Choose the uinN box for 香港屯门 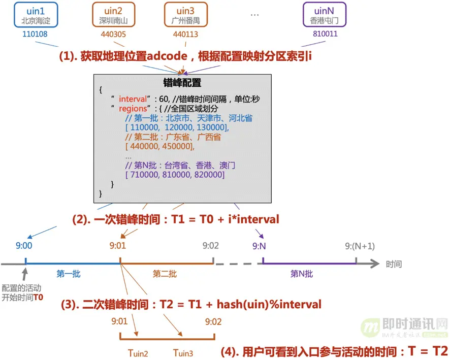coord(324,15)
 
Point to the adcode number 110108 coord(35,35)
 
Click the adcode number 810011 coord(324,35)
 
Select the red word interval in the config coord(134,99)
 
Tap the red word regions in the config coord(133,109)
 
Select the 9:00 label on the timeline coord(24,246)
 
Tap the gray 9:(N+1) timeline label coord(360,246)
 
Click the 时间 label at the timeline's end coord(394,264)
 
